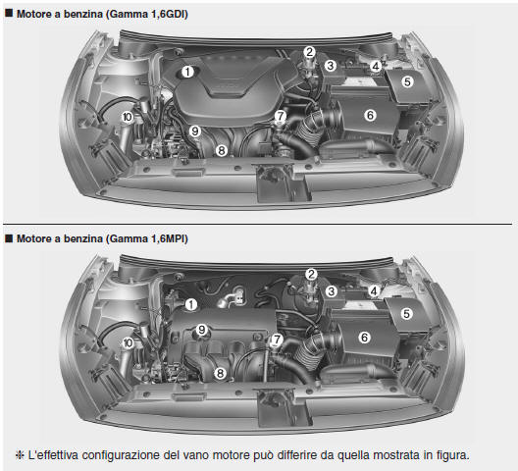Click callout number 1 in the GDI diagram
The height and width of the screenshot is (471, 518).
[186, 70]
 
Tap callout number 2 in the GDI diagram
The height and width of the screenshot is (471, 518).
[309, 52]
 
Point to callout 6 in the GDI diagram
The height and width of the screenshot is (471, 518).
[370, 114]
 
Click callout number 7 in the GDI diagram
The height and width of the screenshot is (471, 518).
[281, 116]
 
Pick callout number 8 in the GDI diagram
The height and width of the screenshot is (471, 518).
[222, 150]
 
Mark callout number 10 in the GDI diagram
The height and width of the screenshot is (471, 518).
[128, 117]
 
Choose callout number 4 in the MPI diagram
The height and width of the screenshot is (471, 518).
[375, 291]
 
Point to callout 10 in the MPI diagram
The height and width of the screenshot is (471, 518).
[128, 342]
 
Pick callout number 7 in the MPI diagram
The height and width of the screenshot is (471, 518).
[278, 340]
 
